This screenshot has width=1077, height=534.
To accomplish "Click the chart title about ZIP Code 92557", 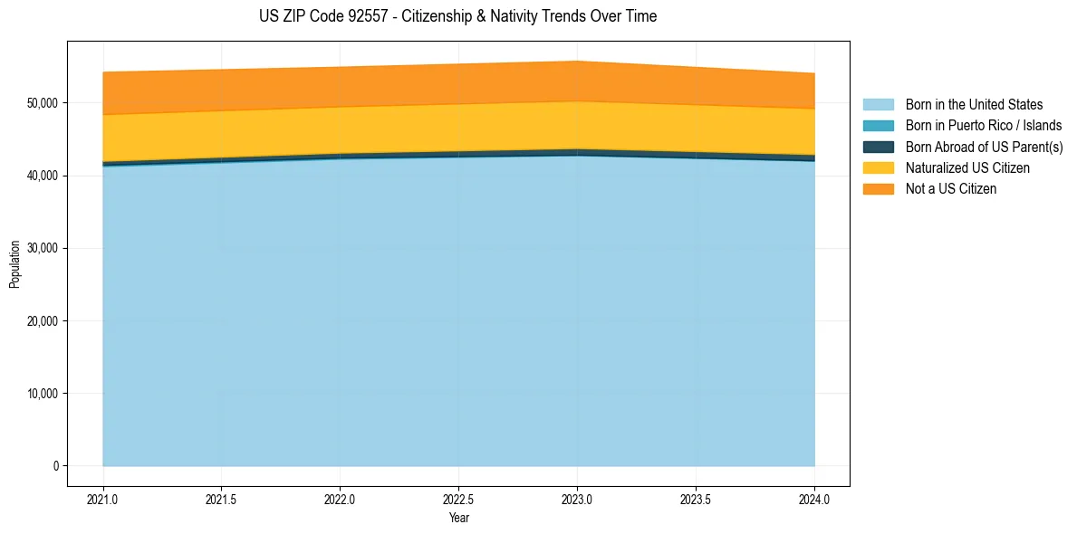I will coord(458,16).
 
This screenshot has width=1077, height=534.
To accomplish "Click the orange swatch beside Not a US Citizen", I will coord(878,189).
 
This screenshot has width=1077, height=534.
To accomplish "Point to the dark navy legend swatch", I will coord(878,147).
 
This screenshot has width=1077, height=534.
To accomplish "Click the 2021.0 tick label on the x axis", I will coord(103,500).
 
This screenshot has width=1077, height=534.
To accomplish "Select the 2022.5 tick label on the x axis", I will coord(458,500).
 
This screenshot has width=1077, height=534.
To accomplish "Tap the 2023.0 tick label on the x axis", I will coord(577,500).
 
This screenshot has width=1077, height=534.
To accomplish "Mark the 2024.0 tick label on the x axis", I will coord(814,500).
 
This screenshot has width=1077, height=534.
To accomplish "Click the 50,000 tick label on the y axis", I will coord(43,103).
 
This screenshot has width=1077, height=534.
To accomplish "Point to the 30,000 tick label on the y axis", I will coord(43,248).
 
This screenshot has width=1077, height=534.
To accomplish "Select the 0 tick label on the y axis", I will coord(55,466).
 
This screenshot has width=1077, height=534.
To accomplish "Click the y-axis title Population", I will coord(14,264).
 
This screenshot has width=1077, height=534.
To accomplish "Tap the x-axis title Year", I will coord(458,518).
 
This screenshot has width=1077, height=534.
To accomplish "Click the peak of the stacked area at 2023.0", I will coord(577,62).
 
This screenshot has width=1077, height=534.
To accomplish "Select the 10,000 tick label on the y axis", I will coord(43,394).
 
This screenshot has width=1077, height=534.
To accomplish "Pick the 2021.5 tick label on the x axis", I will coord(222,500).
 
